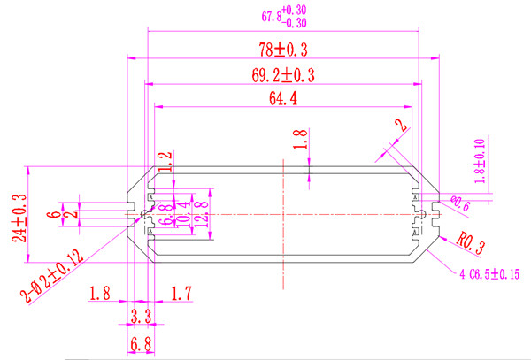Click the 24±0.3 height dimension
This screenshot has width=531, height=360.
(18, 217)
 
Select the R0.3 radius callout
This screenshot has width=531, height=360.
(473, 241)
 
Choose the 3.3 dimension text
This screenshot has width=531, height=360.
(140, 314)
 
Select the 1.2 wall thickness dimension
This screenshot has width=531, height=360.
(164, 161)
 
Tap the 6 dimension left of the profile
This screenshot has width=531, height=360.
(53, 213)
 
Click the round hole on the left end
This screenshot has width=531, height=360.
(144, 215)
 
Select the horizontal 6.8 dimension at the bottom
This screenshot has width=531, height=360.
(140, 342)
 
